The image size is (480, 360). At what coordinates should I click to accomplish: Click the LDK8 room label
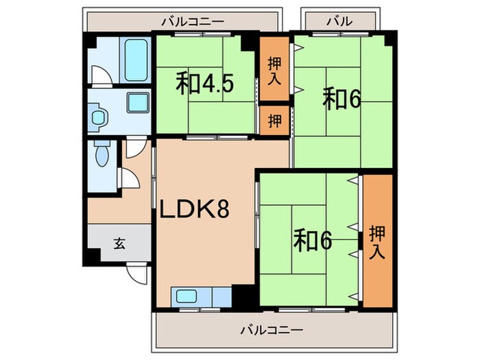[x=194, y=210]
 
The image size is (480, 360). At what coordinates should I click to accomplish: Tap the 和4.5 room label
[x=206, y=84]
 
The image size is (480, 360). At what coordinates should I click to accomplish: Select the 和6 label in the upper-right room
[x=342, y=100]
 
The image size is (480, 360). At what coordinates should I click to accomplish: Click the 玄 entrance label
[x=119, y=242]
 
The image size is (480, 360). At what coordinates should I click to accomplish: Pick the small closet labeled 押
[x=274, y=121]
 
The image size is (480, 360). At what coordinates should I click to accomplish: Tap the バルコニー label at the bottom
[x=271, y=330]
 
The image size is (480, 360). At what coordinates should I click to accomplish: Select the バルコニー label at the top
[x=193, y=21]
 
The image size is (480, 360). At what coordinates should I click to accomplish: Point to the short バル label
[x=338, y=21]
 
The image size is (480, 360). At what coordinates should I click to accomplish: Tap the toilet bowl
[x=102, y=154]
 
